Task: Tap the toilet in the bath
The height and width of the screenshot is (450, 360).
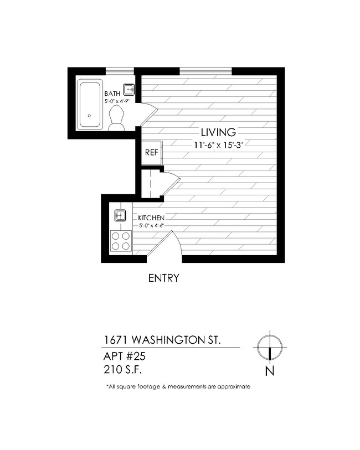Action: click(116, 118)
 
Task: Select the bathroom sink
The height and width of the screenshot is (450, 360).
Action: click(129, 89)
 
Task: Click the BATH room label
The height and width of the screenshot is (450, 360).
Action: click(113, 94)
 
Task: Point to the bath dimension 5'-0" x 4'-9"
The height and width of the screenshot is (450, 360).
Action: click(117, 102)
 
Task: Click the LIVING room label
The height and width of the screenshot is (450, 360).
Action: click(218, 132)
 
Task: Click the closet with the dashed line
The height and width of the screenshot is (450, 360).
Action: click(150, 182)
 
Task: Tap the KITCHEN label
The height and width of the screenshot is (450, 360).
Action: click(151, 218)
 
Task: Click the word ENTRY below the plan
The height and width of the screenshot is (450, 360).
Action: click(163, 278)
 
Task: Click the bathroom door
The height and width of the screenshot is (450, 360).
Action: click(146, 113)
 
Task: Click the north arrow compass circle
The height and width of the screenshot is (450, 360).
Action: click(270, 345)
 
